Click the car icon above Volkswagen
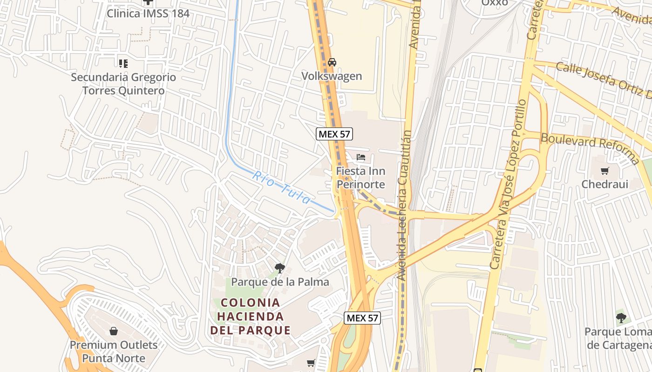pos(332,62)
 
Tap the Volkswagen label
pos(332,76)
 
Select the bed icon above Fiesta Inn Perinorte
pos(360,157)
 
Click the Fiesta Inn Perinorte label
pos(360,178)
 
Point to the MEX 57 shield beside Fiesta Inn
pos(334,134)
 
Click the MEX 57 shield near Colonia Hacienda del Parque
pos(362,318)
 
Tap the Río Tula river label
pos(281,188)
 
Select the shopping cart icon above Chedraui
pos(604,171)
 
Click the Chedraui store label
pos(604,184)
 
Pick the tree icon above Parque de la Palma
pos(279,268)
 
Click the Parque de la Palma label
pos(280,282)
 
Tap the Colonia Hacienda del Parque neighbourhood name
pos(251,317)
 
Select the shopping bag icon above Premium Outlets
pos(114,331)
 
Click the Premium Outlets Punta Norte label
pos(114,352)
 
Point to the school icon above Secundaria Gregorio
pos(123,63)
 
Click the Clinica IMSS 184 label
pos(148,13)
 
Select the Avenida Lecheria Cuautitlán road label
pos(404,205)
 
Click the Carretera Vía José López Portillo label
pos(508,184)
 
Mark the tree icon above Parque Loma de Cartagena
pos(620,318)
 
